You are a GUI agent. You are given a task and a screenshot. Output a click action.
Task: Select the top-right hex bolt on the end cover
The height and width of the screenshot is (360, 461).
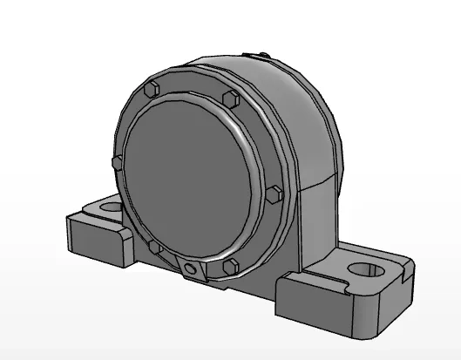tap(229, 96)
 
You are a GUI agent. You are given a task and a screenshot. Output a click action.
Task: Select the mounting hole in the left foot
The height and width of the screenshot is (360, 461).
tap(111, 208)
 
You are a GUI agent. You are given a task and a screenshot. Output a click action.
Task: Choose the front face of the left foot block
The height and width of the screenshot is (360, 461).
tap(98, 240)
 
